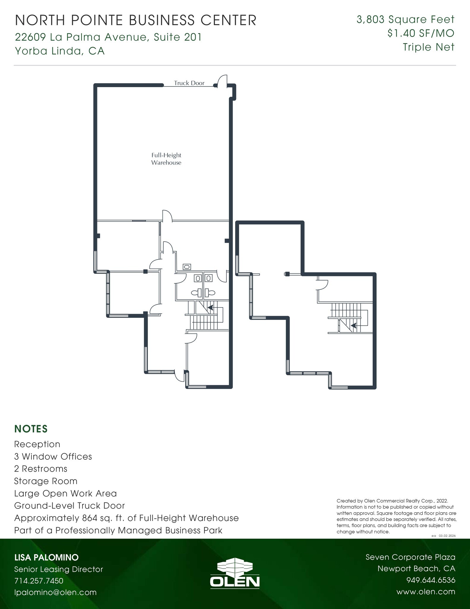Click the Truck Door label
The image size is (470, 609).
click(189, 83)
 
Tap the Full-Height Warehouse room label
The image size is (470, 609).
click(166, 159)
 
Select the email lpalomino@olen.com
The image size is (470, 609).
click(56, 592)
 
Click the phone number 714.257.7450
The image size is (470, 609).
click(39, 581)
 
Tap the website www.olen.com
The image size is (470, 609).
click(426, 592)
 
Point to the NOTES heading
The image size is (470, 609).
click(31, 429)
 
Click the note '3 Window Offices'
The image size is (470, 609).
click(53, 456)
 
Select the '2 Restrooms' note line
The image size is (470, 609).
click(41, 469)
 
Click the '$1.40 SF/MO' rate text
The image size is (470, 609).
click(421, 33)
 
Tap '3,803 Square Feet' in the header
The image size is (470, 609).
click(405, 20)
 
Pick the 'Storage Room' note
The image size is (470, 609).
click(46, 481)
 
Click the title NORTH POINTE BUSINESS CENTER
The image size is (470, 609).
click(136, 21)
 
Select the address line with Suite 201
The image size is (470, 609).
click(108, 37)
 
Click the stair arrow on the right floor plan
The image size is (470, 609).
click(353, 326)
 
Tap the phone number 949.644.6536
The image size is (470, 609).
click(431, 580)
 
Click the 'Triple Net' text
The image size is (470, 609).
click(428, 47)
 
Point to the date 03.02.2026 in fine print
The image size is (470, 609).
click(447, 536)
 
